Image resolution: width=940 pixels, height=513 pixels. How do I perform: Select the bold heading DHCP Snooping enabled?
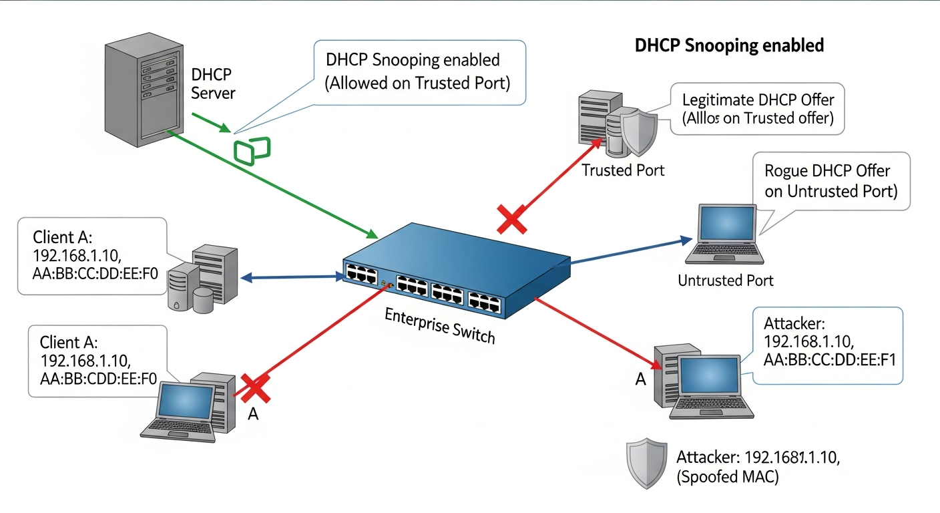tap(729, 45)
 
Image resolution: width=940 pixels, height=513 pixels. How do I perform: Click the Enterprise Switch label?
tap(440, 325)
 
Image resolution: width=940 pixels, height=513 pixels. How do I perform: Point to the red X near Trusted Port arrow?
tap(512, 219)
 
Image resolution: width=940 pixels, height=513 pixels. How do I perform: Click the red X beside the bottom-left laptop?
tap(256, 388)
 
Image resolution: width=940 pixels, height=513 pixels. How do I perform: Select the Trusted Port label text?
tap(623, 170)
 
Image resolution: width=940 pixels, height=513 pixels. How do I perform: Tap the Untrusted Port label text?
tap(725, 280)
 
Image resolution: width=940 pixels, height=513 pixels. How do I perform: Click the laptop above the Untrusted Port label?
tap(725, 234)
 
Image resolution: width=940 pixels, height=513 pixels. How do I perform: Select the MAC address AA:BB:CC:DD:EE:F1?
tap(828, 359)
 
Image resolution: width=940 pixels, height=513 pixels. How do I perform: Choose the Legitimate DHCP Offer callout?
tap(758, 109)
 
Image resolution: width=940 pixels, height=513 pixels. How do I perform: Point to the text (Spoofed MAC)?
tap(727, 478)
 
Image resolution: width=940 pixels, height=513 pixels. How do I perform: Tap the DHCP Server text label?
tap(212, 83)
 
